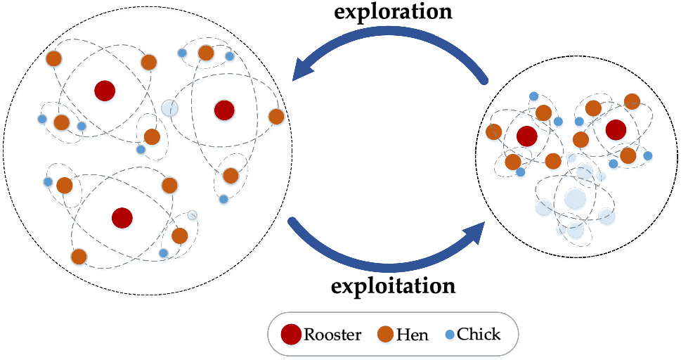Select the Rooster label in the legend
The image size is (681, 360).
[332, 335]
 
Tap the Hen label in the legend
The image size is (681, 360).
[412, 335]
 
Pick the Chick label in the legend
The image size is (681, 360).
[479, 334]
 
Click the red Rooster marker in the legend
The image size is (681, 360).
[291, 335]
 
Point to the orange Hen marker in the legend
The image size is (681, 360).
[385, 335]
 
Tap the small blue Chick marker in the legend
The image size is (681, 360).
[450, 335]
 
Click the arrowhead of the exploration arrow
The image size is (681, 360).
[304, 69]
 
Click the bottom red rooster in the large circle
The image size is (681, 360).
[122, 217]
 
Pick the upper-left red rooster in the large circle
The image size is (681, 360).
[105, 90]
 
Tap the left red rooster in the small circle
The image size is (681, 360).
[526, 136]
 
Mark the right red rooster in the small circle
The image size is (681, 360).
[616, 129]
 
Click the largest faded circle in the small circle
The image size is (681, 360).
[576, 198]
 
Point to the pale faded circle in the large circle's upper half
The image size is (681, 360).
[169, 108]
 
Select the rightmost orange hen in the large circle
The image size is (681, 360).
[276, 117]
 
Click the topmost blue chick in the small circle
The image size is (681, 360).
[534, 96]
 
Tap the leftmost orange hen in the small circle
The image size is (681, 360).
[493, 131]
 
